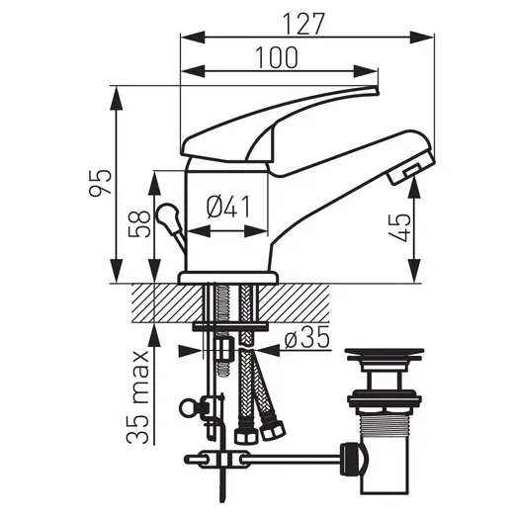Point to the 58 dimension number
[137, 226]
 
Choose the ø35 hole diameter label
[303, 339]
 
